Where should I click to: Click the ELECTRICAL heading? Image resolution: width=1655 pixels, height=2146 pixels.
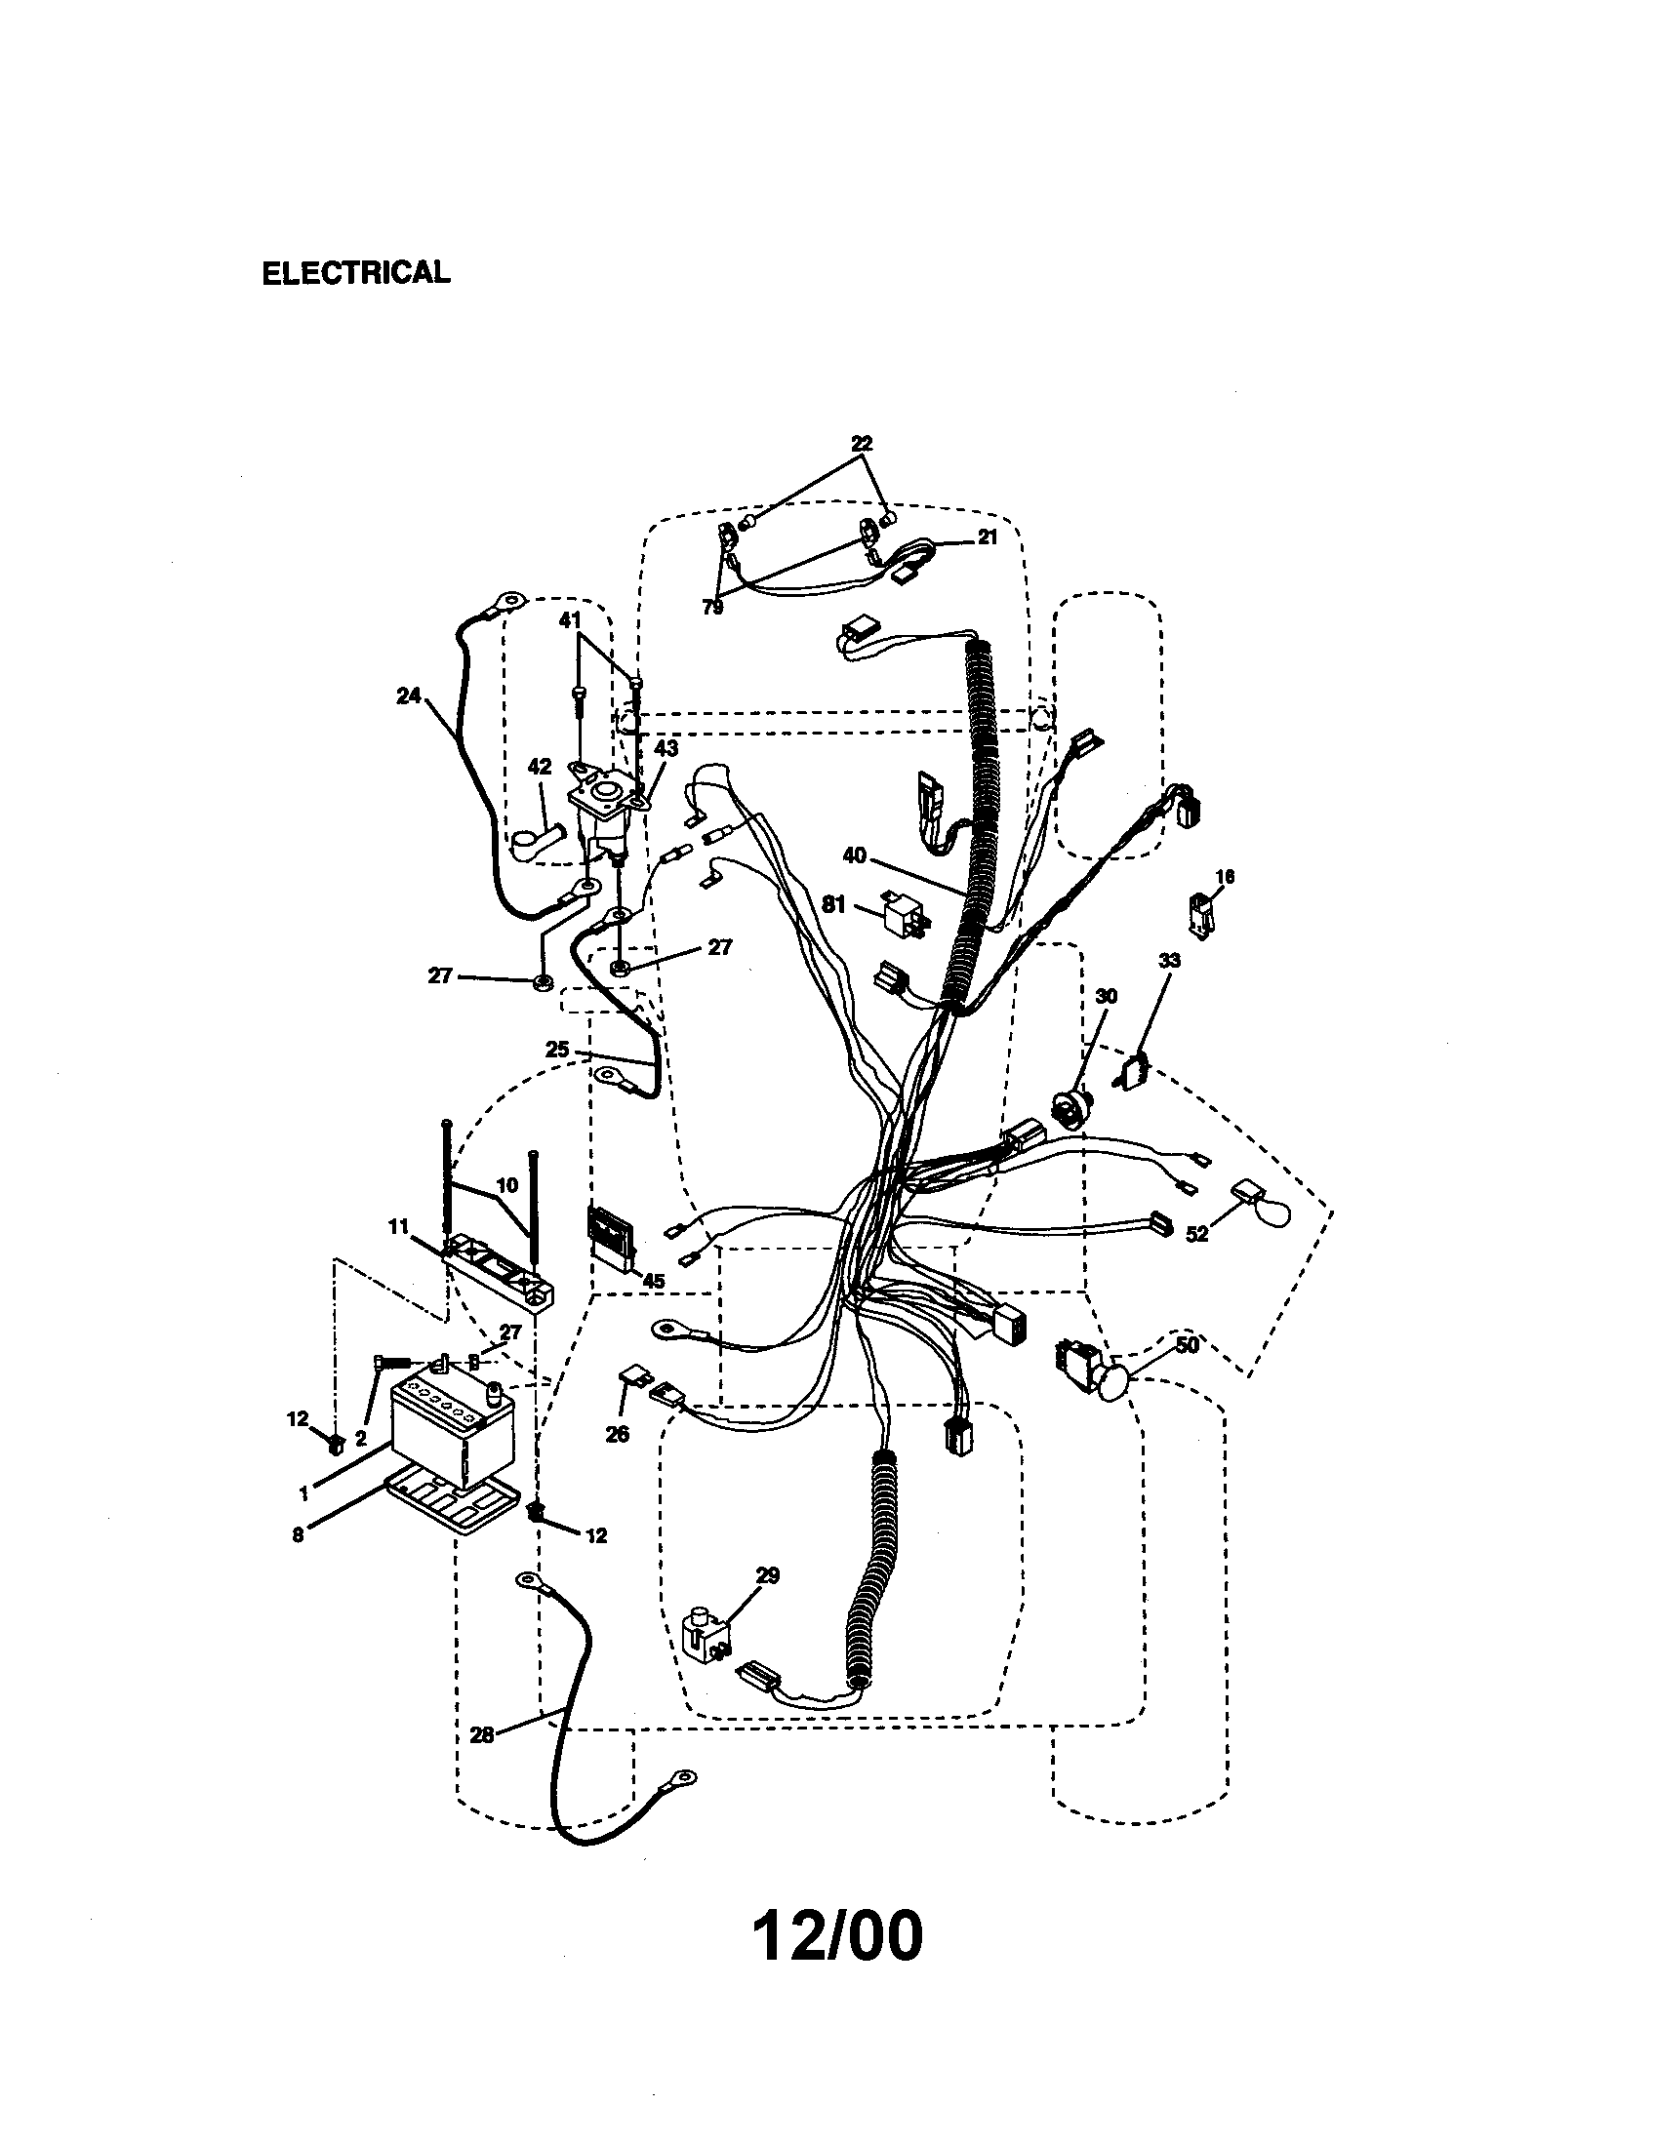click(x=356, y=272)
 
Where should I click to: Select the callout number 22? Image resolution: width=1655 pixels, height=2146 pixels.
click(x=861, y=444)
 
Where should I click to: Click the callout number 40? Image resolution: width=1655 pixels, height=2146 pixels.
click(x=854, y=855)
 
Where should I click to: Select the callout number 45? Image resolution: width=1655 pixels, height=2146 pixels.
click(x=653, y=1282)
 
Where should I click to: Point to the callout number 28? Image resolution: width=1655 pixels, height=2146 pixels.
click(x=481, y=1735)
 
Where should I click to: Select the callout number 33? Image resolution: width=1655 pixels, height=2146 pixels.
click(x=1168, y=960)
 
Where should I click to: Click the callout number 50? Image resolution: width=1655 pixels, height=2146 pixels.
click(x=1188, y=1345)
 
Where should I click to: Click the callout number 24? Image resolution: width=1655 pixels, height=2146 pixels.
click(x=408, y=695)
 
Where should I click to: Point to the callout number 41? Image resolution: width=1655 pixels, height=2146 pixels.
click(x=570, y=620)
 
